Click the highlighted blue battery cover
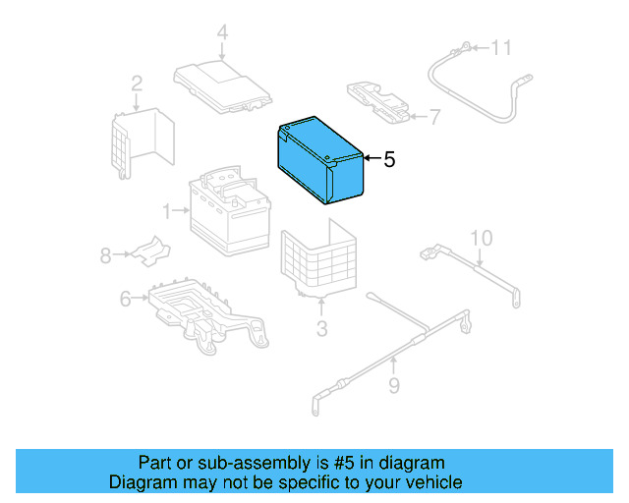point(320,161)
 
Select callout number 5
point(389,160)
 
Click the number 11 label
point(501,47)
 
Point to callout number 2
point(137,84)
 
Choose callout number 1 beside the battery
point(168,210)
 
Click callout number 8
point(105,255)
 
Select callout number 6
point(125,299)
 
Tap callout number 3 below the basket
point(321,328)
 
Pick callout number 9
point(393,386)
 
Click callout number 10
point(480,238)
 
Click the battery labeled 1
point(228,215)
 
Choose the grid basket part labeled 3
point(319,260)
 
